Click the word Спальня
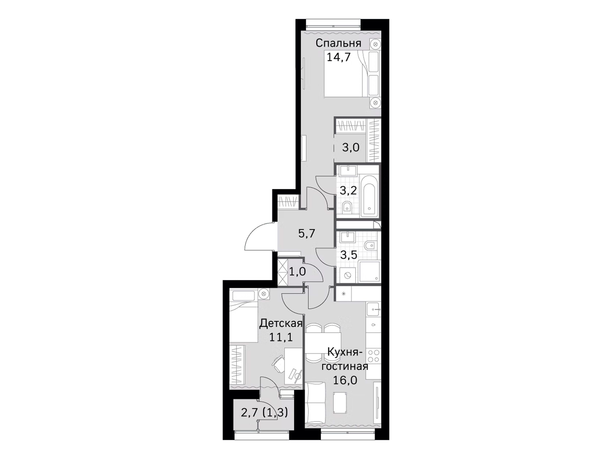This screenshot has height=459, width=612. [x=338, y=43]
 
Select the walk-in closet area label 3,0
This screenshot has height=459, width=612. [x=351, y=147]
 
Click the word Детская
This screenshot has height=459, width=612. [x=280, y=323]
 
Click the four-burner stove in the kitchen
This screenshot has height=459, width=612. [x=373, y=356]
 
